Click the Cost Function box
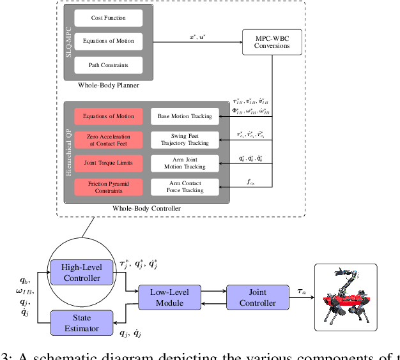tap(109, 19)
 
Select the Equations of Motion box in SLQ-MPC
tap(109, 41)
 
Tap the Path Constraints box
tap(109, 64)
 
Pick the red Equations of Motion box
tap(108, 116)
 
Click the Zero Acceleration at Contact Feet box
tap(108, 140)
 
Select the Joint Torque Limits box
tap(108, 163)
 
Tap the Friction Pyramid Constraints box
tap(108, 186)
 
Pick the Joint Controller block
tap(253, 296)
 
